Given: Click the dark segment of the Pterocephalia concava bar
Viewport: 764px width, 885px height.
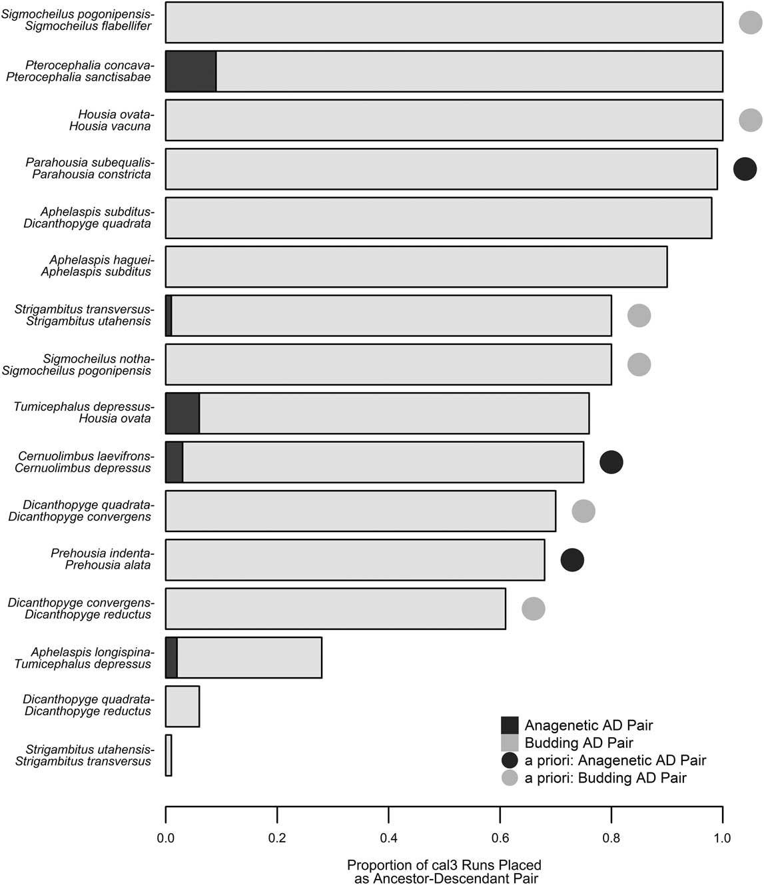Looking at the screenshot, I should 191,71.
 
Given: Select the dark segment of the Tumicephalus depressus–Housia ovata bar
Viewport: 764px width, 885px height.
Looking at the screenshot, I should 183,414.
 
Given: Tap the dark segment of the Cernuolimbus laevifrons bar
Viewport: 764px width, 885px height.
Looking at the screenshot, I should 174,462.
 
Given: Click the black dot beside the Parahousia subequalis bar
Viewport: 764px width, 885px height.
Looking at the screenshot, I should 745,169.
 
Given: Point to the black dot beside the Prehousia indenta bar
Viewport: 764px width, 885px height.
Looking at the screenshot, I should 572,560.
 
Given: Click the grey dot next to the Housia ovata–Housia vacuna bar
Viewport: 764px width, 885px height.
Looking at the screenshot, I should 751,121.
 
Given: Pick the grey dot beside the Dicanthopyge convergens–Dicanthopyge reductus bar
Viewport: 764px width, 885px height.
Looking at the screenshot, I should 534,609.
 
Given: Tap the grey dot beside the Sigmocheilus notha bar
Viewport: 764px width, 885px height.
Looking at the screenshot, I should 639,365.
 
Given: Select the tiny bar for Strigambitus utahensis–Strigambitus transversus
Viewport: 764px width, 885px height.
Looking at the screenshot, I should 169,755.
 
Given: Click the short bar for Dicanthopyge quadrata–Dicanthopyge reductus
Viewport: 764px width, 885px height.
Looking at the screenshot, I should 183,707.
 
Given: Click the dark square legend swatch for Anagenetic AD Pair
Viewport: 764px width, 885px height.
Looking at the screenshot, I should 510,725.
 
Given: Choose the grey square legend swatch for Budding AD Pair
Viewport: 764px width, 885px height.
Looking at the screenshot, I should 510,742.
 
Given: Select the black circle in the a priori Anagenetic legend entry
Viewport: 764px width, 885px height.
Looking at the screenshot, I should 510,760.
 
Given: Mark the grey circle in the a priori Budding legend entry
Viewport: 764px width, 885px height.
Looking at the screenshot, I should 510,778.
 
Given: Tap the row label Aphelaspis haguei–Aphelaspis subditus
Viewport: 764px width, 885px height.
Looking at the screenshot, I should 97,266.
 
